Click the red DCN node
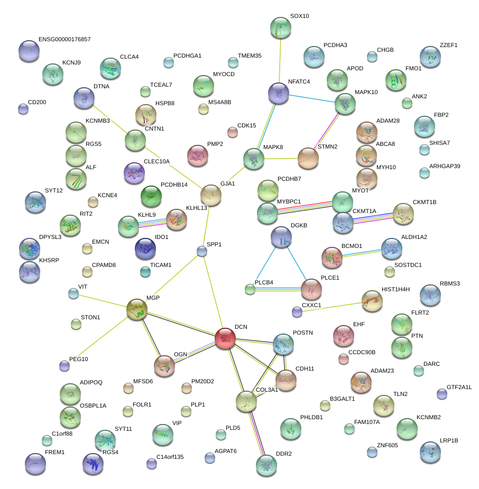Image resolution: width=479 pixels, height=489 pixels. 226,338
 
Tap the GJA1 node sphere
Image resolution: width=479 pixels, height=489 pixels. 211,195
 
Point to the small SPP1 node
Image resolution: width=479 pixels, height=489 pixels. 201,251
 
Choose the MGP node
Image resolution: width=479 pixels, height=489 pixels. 137,309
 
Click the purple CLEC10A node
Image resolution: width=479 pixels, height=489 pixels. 133,172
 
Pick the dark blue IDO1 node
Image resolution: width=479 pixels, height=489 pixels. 145,248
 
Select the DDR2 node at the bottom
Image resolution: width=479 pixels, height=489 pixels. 266,464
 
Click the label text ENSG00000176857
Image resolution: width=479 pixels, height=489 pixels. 65,40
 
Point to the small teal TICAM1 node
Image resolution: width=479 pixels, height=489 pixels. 145,272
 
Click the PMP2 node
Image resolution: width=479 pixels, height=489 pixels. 198,155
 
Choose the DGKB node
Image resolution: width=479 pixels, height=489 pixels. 281,237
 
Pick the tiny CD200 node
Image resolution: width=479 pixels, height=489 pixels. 23,109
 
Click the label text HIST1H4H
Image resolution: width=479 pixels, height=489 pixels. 395,289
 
